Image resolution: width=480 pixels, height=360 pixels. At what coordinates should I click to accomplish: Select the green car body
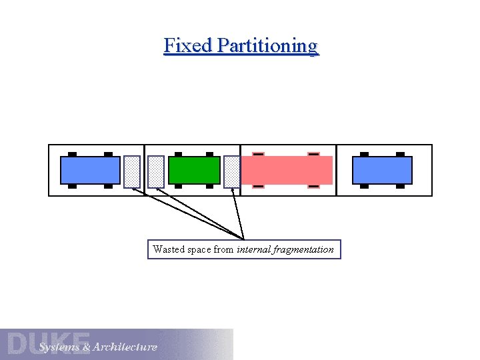[194, 170]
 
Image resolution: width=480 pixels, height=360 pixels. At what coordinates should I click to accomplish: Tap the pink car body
[287, 170]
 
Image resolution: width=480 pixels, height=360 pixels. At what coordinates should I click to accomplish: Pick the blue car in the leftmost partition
[90, 170]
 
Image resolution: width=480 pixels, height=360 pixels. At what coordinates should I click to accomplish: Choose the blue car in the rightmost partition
[382, 170]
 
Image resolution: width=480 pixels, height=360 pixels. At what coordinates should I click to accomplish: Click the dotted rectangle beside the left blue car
[132, 171]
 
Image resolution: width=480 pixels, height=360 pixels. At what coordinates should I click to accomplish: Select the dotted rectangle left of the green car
[155, 171]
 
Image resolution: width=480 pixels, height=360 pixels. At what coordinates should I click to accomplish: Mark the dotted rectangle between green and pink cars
[231, 171]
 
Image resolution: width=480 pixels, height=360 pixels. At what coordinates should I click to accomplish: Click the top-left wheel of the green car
[178, 155]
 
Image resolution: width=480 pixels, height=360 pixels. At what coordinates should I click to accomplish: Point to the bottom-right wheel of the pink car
[313, 186]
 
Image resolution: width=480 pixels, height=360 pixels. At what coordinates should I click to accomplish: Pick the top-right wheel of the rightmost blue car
[400, 155]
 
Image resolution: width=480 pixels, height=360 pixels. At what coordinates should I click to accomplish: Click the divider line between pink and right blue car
[336, 170]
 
